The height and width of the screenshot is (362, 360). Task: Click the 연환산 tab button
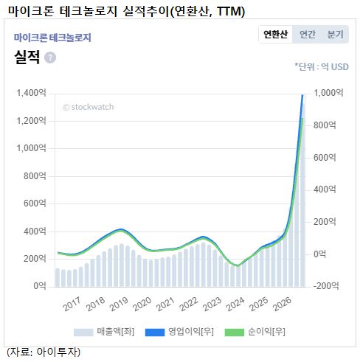point(275,34)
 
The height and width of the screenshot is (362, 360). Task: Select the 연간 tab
point(308,34)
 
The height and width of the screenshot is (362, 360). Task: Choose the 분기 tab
point(335,34)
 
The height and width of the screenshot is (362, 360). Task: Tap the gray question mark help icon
point(50,58)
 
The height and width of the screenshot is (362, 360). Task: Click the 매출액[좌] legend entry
point(104,332)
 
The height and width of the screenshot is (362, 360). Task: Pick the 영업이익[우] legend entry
point(179,332)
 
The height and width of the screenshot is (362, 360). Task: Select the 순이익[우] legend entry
point(255,332)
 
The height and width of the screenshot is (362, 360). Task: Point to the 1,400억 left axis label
point(31,93)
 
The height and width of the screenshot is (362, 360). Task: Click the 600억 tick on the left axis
point(35,203)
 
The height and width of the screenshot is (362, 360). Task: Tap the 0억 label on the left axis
point(40,286)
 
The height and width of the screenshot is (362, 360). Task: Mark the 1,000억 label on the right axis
point(328,93)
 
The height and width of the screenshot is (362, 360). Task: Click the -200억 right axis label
point(326,286)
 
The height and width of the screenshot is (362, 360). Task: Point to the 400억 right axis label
point(325,189)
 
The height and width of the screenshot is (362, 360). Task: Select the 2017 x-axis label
point(72,304)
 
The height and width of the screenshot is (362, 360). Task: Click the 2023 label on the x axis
point(212,304)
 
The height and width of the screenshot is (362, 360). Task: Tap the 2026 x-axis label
point(283,304)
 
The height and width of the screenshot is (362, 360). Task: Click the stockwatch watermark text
point(89,107)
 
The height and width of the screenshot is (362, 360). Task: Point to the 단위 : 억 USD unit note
point(322,67)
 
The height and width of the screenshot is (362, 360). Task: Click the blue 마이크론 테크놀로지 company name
point(52,38)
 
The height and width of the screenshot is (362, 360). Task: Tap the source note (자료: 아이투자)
point(44,352)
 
